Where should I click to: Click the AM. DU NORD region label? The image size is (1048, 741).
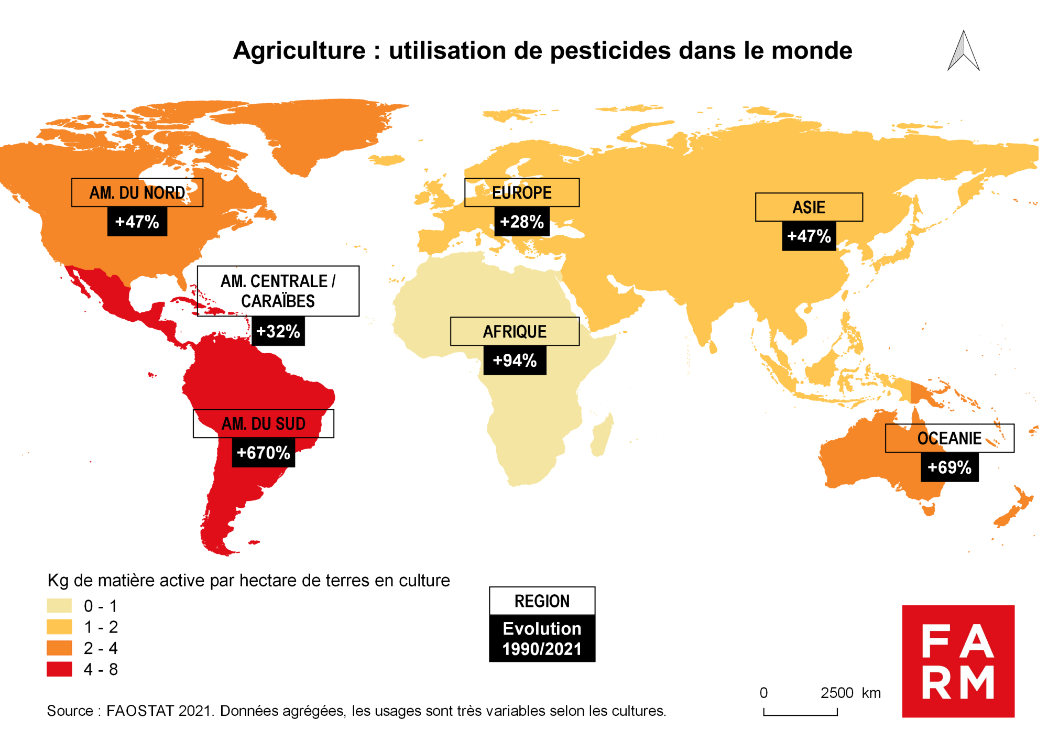click(137, 192)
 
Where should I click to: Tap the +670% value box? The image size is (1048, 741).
click(263, 452)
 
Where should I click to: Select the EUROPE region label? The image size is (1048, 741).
click(522, 192)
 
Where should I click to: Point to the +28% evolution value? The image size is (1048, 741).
click(522, 222)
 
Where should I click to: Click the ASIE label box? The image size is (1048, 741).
click(809, 207)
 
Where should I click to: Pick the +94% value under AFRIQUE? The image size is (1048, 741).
click(515, 361)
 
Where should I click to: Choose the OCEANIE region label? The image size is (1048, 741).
click(949, 438)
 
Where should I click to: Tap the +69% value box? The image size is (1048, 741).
click(949, 467)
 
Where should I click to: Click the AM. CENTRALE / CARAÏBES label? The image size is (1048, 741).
click(278, 291)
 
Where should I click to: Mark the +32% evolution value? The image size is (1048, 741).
click(278, 331)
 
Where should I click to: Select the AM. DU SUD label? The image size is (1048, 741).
click(263, 423)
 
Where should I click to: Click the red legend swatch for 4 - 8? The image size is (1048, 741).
click(59, 669)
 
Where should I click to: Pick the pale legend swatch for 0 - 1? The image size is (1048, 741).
click(59, 606)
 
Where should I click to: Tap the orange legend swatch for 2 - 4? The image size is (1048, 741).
click(59, 648)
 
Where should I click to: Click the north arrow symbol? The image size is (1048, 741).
click(963, 51)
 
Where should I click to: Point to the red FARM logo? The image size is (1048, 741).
click(958, 661)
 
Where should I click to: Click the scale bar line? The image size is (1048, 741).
click(800, 714)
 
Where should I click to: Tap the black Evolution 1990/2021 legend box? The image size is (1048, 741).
click(542, 638)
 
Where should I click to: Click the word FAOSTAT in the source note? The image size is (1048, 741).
click(140, 711)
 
